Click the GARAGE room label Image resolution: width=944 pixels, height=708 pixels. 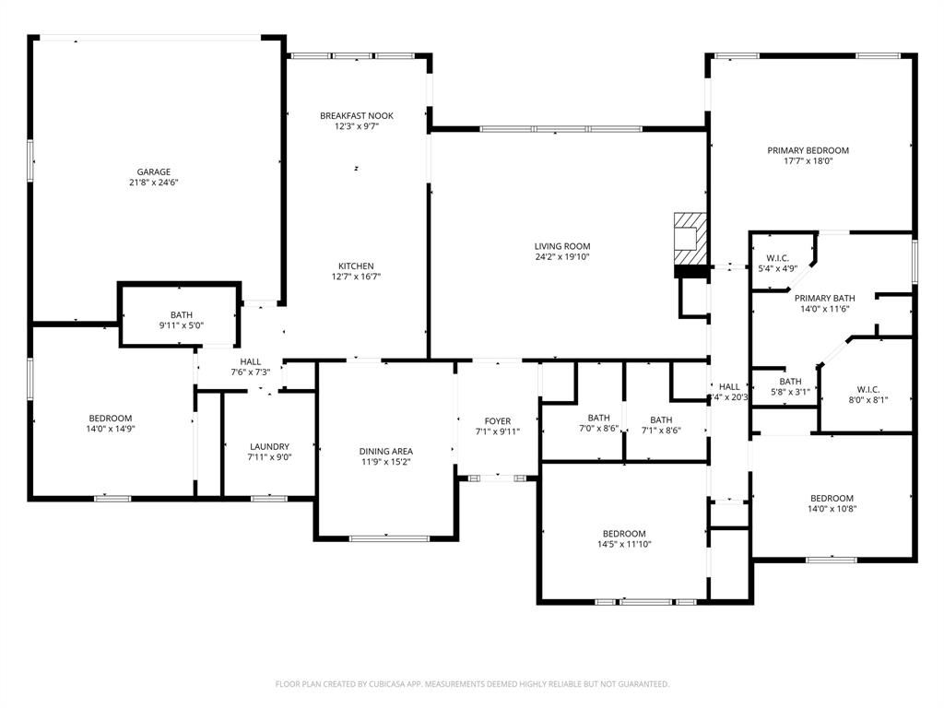(154, 171)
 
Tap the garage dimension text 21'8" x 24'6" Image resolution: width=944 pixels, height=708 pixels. (154, 183)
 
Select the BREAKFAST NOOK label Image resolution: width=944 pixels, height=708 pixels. (357, 115)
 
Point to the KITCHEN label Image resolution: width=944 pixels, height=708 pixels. (355, 265)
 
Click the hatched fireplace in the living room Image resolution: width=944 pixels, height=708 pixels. (690, 237)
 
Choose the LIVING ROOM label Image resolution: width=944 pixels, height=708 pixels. (561, 246)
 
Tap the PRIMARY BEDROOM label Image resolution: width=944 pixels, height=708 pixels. (808, 150)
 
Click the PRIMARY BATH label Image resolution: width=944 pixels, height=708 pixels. (824, 298)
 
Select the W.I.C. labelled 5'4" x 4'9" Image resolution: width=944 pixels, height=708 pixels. (777, 258)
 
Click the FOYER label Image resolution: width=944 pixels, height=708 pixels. (498, 421)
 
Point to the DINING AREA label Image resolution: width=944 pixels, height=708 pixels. (385, 451)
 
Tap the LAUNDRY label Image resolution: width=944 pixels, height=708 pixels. (269, 446)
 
